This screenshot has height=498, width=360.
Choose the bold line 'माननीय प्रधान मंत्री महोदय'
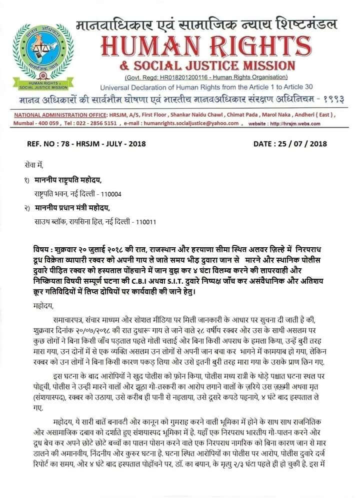click(74, 207)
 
